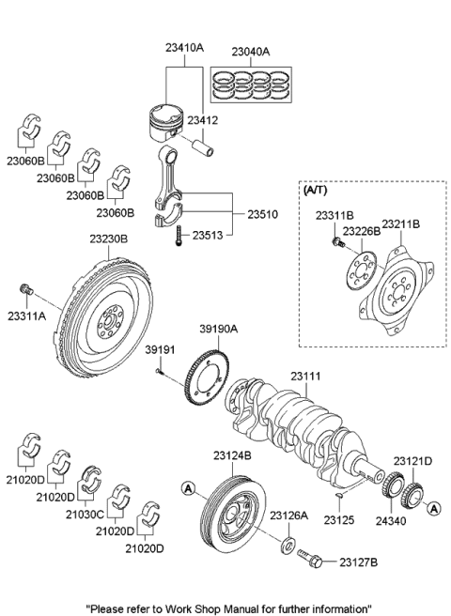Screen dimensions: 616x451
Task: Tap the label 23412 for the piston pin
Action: (226, 120)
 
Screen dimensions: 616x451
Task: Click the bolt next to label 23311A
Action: (27, 287)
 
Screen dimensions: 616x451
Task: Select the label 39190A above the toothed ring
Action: (217, 329)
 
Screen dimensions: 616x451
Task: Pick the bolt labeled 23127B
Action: (312, 560)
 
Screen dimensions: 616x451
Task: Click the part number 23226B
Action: (360, 231)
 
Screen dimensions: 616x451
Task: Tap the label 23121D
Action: (412, 461)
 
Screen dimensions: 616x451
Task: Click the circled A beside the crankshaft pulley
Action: (188, 487)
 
